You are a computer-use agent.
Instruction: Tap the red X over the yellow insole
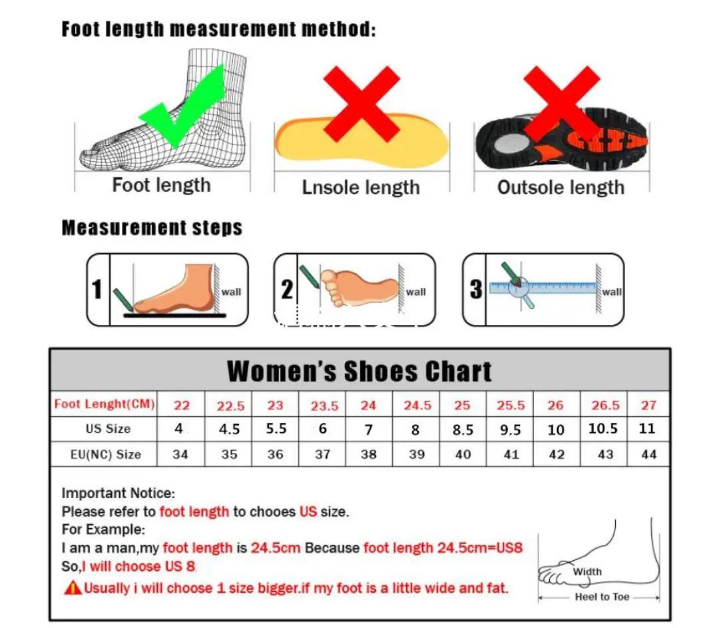tap(361, 103)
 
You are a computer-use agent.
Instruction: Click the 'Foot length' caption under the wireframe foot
tap(161, 185)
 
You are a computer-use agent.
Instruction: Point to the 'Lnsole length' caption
tap(361, 187)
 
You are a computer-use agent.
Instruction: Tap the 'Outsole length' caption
tap(561, 187)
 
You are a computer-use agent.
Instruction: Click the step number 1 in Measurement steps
tap(97, 290)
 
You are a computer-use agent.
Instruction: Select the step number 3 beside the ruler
tap(475, 290)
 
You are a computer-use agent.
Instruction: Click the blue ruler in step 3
tap(543, 287)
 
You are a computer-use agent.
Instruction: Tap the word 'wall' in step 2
tap(415, 292)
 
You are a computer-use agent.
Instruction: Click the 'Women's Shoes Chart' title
tap(359, 371)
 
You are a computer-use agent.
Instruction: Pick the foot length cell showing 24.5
tap(417, 405)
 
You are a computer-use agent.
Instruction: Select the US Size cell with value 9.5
tap(510, 430)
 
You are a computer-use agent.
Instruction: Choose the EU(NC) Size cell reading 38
tap(368, 454)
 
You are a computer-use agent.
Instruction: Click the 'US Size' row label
tap(108, 428)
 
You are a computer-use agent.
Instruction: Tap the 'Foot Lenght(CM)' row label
tap(105, 404)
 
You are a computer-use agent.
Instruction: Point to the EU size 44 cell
tap(648, 454)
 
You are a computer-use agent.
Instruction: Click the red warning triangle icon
tap(72, 587)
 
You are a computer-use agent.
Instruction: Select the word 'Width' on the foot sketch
tap(587, 571)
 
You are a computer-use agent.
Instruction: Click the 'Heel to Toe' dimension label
tap(602, 597)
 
